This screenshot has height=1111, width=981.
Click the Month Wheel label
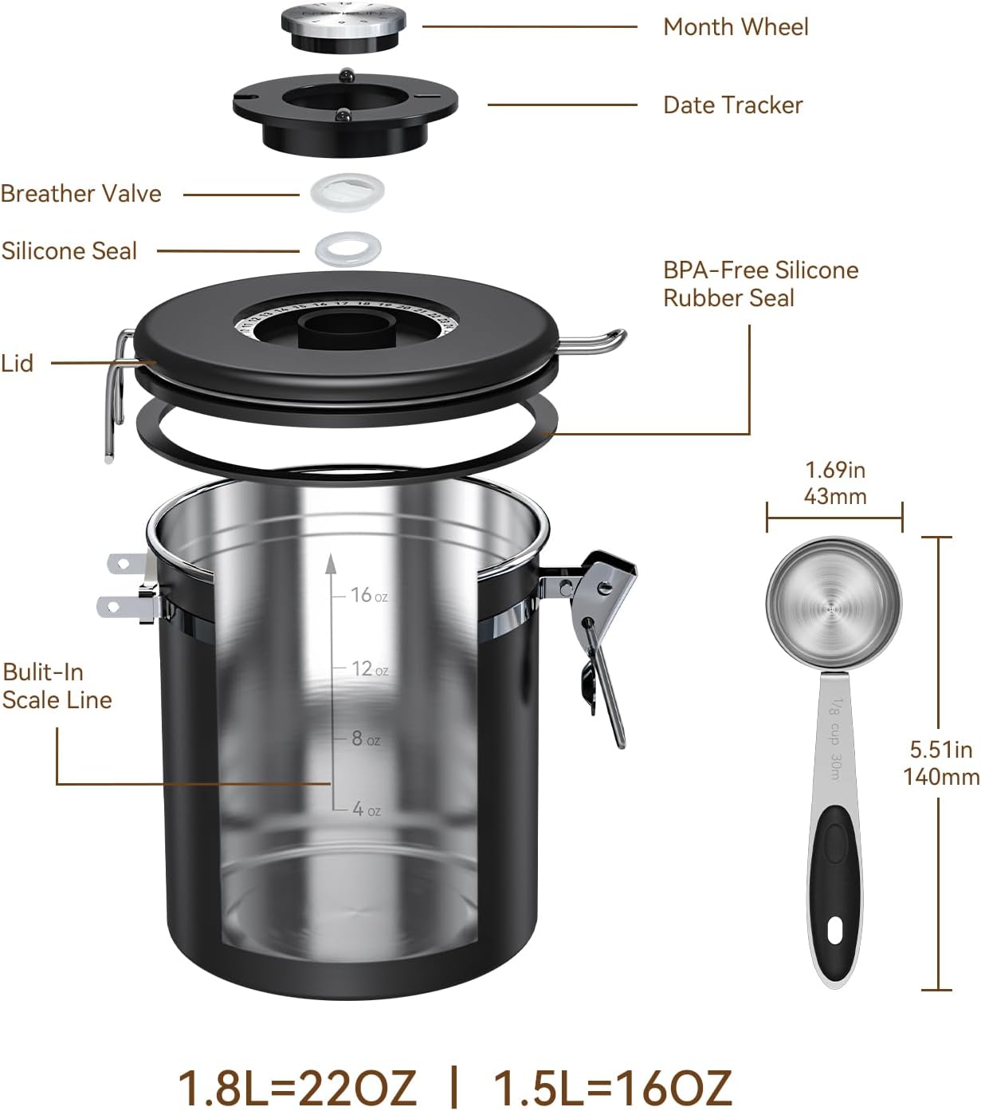pyautogui.click(x=735, y=27)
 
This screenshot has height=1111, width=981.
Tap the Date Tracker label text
pyautogui.click(x=732, y=105)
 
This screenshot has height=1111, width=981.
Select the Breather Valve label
pyautogui.click(x=80, y=194)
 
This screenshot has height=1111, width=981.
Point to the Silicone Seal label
pyautogui.click(x=69, y=251)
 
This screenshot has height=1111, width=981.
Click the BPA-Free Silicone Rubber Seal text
pyautogui.click(x=759, y=284)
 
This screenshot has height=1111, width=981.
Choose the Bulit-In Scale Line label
pyautogui.click(x=57, y=686)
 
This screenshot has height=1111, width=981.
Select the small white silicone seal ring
pyautogui.click(x=347, y=249)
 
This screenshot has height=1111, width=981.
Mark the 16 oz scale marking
pyautogui.click(x=367, y=596)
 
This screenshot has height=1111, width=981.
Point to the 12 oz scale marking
pyautogui.click(x=368, y=669)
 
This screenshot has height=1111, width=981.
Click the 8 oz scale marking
pyautogui.click(x=365, y=739)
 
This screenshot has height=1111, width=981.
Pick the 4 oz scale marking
pyautogui.click(x=366, y=810)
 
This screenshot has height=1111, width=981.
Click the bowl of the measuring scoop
pyautogui.click(x=833, y=607)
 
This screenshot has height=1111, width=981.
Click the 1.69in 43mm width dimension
pyautogui.click(x=834, y=483)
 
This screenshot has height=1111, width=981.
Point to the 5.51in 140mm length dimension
pyautogui.click(x=940, y=762)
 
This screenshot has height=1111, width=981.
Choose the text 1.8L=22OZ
pyautogui.click(x=296, y=1086)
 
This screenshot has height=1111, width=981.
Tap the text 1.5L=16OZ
pyautogui.click(x=612, y=1086)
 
